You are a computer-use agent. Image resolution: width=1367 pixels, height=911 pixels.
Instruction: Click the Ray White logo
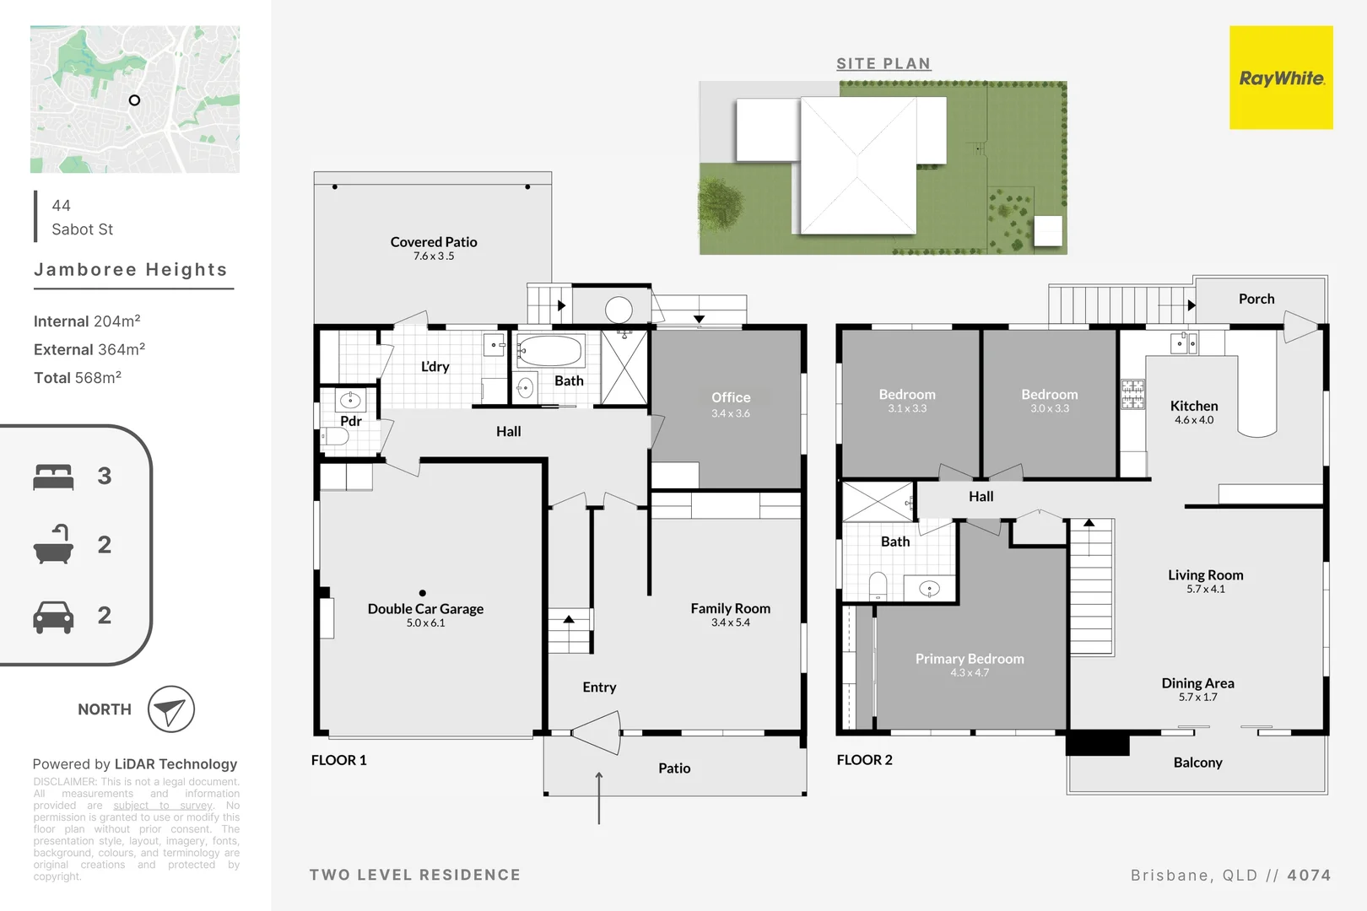pos(1281,78)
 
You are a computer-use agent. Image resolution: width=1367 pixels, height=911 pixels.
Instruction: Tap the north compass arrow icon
pos(171,709)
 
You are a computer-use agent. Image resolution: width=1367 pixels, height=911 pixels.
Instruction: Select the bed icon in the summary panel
pos(53,477)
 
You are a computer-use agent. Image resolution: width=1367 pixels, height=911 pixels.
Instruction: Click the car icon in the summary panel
pos(53,617)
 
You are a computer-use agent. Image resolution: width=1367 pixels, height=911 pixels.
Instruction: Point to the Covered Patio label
pos(434,242)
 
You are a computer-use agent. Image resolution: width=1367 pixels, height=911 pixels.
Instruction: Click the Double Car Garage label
pos(425,609)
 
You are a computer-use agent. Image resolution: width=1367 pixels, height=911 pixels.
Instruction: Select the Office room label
pos(731,397)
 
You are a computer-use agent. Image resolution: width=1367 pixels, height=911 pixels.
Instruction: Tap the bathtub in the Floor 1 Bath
pos(549,351)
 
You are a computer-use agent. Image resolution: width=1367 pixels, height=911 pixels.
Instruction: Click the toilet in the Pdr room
pos(336,436)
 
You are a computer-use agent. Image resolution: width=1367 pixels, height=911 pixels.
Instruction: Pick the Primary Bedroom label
pos(970,659)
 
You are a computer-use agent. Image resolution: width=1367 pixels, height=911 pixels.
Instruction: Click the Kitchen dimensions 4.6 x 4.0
pos(1194,420)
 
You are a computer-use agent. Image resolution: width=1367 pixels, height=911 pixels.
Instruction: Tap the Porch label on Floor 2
pos(1256,299)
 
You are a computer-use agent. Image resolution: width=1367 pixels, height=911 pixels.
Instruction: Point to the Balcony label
pos(1197,763)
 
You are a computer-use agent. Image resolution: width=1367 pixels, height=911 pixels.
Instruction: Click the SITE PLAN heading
pos(883,63)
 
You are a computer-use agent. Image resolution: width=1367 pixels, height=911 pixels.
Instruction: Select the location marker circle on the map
pos(134,100)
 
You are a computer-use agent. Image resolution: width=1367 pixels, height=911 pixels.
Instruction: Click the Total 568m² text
pos(78,378)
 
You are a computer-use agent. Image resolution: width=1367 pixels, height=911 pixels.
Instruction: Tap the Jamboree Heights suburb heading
pos(131,270)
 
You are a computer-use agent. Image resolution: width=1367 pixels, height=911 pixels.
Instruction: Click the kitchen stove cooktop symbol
pos(1132,394)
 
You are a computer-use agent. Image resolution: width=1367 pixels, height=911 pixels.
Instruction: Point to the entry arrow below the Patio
pos(599,797)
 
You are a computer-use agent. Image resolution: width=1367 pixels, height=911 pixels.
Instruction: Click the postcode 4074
pos(1309,876)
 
